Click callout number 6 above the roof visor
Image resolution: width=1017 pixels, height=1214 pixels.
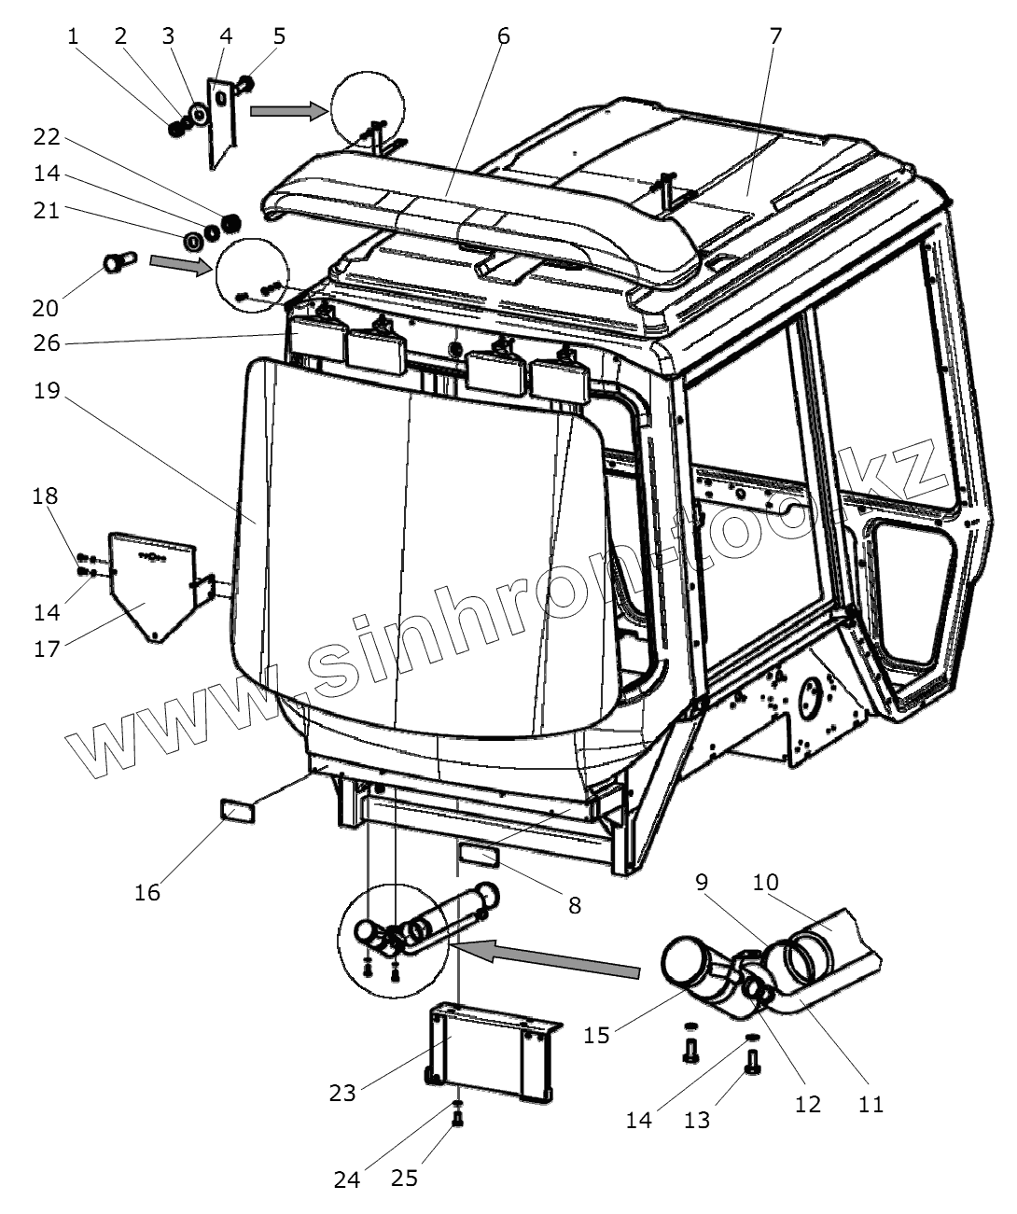pos(503,36)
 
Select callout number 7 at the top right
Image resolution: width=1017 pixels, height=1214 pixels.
pos(775,36)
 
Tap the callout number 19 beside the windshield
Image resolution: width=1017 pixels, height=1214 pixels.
pos(47,390)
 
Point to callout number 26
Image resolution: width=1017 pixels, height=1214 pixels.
pos(47,343)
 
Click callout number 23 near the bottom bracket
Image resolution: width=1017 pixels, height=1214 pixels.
pos(342,1092)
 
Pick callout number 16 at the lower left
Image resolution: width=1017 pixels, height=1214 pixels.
pos(147,892)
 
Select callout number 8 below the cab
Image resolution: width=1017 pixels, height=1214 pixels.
pos(574,904)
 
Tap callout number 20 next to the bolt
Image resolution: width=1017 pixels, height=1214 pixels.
pos(46,307)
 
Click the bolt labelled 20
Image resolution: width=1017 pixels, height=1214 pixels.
pos(118,261)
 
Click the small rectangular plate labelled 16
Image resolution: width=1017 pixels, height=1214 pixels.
pos(237,810)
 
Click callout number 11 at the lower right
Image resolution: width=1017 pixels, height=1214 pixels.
pos(871,1104)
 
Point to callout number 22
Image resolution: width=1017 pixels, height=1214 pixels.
pos(47,137)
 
